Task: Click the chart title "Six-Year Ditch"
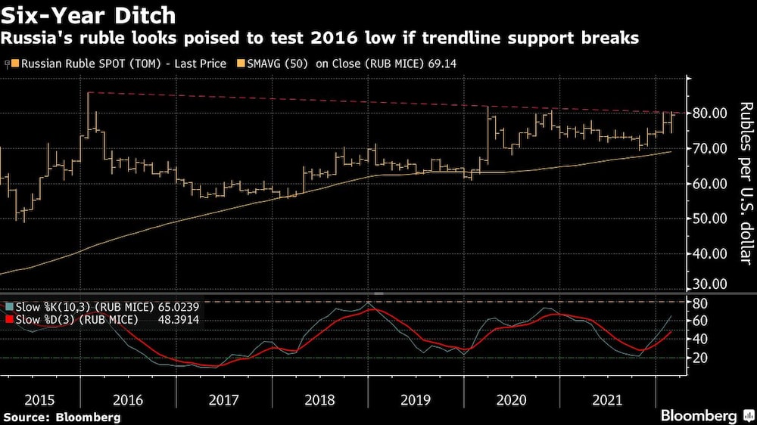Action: [x=89, y=15]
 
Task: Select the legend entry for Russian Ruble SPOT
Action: [x=121, y=64]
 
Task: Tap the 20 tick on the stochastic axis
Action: [x=699, y=357]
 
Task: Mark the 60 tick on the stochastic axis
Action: [x=699, y=321]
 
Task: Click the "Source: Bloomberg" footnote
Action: [x=62, y=417]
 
